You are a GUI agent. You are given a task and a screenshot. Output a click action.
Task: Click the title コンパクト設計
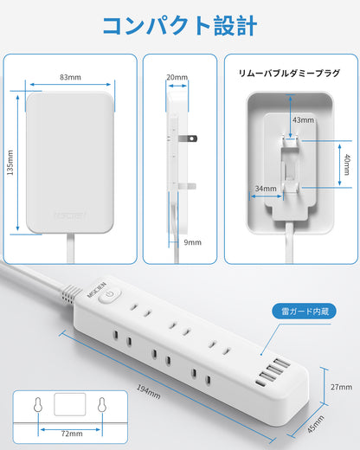click(x=180, y=26)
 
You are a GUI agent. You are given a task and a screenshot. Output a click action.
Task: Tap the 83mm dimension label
click(x=70, y=77)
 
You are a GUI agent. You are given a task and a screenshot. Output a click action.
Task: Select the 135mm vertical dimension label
click(x=10, y=163)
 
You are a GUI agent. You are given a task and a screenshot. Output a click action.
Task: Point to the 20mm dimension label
click(x=177, y=77)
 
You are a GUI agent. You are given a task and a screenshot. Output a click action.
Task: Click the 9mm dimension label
click(x=192, y=242)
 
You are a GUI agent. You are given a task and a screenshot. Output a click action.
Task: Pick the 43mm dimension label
click(x=303, y=120)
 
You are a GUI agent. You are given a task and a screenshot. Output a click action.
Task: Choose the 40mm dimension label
click(x=347, y=164)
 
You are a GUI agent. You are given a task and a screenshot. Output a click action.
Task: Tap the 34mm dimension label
click(x=266, y=189)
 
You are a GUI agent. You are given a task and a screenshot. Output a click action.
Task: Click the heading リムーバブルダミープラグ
click(x=289, y=74)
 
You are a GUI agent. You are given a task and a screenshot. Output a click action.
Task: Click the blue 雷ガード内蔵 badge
click(x=305, y=312)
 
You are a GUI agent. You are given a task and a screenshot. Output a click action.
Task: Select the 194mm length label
click(x=148, y=392)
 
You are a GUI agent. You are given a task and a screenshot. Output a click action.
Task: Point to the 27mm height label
click(x=341, y=387)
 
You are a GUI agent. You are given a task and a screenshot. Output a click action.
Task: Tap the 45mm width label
click(x=315, y=424)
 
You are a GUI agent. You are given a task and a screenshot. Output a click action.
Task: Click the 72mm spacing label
click(x=72, y=434)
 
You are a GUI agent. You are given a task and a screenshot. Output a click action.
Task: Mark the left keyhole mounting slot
click(x=38, y=405)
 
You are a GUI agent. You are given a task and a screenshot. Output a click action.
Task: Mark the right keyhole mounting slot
click(x=101, y=405)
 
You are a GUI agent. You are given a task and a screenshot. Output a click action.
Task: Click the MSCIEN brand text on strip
click(x=97, y=290)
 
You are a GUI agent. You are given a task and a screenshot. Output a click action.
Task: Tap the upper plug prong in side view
click(x=188, y=138)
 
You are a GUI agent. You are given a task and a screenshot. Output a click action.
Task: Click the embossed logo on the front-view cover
click(x=70, y=215)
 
